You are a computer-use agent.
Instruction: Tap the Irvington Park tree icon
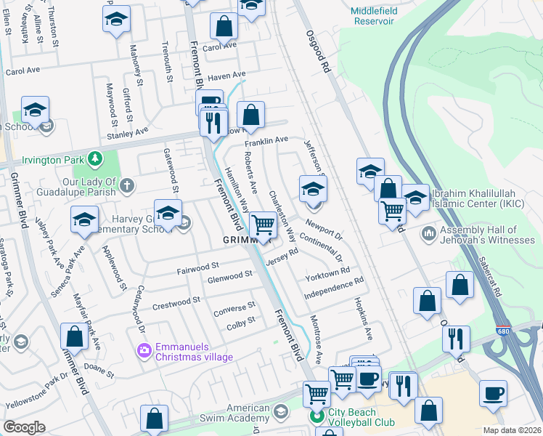click(94, 158)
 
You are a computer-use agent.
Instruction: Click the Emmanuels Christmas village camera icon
click(144, 351)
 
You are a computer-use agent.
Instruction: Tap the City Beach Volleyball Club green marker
click(316, 416)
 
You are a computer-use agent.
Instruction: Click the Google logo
click(24, 427)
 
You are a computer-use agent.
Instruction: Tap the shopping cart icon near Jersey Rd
click(263, 225)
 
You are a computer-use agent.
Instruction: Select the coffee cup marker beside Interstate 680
click(494, 393)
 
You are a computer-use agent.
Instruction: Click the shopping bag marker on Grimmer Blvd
click(74, 336)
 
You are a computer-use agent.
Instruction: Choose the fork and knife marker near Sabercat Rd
click(456, 339)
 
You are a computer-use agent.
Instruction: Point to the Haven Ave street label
click(226, 76)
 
